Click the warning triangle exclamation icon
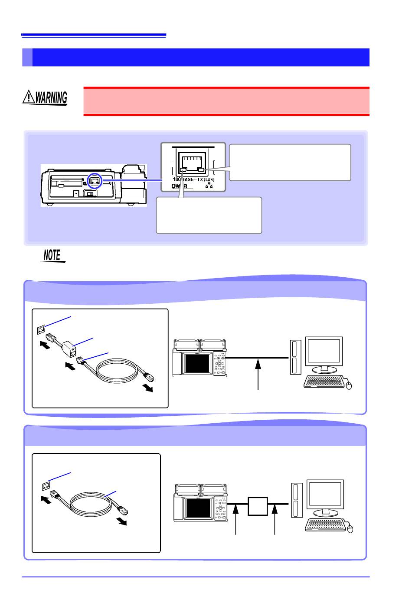point(29,97)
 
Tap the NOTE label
point(52,256)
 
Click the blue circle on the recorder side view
point(94,182)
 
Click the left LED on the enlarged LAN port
point(184,170)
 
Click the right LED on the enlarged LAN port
point(201,170)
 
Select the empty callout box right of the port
point(290,162)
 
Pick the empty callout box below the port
point(209,215)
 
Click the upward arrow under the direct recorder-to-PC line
point(258,374)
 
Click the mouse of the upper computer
point(350,385)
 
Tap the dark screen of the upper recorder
point(196,363)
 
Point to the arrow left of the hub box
point(236,519)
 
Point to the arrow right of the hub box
point(275,519)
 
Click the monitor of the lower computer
point(325,496)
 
